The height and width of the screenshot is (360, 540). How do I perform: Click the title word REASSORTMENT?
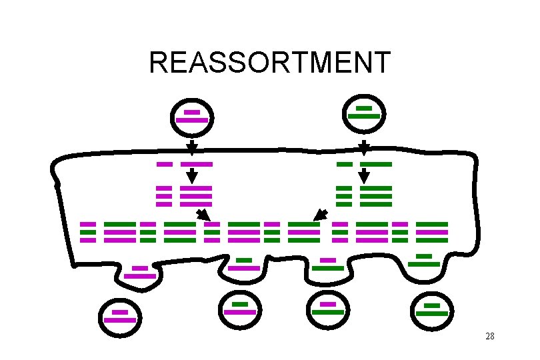click(x=269, y=63)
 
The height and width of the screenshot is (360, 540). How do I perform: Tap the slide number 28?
click(x=490, y=336)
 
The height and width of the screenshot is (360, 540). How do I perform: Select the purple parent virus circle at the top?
click(x=192, y=117)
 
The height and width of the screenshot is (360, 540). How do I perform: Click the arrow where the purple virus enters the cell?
click(x=191, y=146)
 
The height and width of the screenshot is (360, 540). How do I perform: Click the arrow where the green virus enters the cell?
click(x=364, y=146)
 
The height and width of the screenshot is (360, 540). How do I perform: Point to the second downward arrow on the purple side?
click(x=191, y=175)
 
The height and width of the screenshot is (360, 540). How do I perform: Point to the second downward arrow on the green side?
click(x=364, y=175)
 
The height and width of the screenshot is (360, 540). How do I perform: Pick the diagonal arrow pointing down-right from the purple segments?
click(x=202, y=215)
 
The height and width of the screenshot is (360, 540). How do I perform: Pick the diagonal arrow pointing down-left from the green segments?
click(x=321, y=215)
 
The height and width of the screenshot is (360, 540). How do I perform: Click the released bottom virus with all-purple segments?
click(x=120, y=317)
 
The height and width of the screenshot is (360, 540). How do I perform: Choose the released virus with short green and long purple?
click(x=240, y=309)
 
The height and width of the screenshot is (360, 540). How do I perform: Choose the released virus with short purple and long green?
click(x=328, y=309)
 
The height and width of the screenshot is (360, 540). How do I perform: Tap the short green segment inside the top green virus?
click(x=364, y=107)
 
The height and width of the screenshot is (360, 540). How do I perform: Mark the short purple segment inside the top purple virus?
click(x=192, y=112)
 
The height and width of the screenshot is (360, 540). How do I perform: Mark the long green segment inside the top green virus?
click(x=364, y=116)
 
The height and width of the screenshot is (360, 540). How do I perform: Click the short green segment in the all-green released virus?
click(x=432, y=306)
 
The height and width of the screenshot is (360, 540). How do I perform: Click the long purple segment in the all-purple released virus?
click(x=120, y=320)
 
